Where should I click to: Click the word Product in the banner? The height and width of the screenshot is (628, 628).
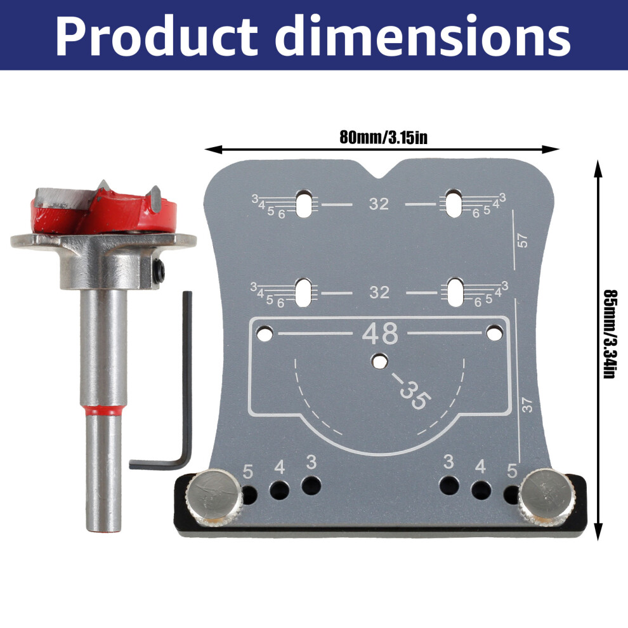[x=156, y=36]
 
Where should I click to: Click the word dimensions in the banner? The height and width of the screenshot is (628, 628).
[x=422, y=36]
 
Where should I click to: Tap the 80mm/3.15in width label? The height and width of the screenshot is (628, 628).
[x=383, y=138]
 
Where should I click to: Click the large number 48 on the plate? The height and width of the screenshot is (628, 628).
[x=380, y=333]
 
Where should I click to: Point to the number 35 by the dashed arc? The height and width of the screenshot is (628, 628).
[x=415, y=395]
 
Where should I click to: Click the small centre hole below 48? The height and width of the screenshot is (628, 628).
[x=380, y=362]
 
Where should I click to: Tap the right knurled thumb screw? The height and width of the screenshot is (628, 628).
[x=547, y=497]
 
